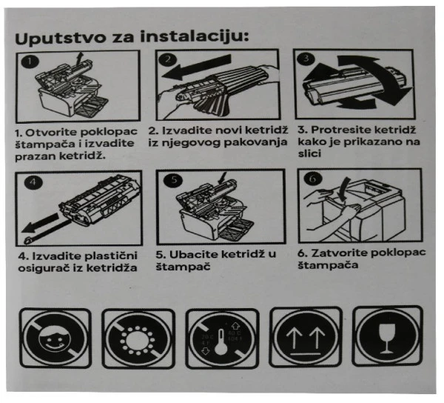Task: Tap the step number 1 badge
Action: pyautogui.click(x=27, y=62)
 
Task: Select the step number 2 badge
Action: pyautogui.click(x=167, y=61)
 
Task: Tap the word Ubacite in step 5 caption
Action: pyautogui.click(x=195, y=254)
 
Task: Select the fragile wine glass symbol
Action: pyautogui.click(x=386, y=337)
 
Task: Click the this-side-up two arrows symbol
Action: pyautogui.click(x=304, y=339)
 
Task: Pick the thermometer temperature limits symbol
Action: pyautogui.click(x=223, y=339)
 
